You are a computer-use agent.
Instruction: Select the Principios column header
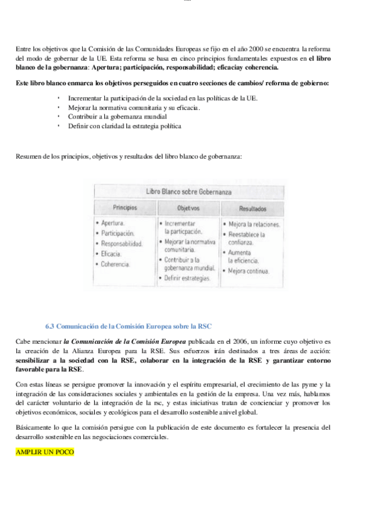[x=125, y=208]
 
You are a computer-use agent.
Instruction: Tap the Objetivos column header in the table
[x=188, y=208]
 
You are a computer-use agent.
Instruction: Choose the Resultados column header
[x=252, y=208]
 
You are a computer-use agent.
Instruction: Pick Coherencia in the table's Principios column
[x=115, y=264]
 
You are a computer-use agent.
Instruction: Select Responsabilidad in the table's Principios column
[x=122, y=243]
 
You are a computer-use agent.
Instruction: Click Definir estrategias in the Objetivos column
[x=186, y=278]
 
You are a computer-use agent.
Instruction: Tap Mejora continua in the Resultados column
[x=249, y=272]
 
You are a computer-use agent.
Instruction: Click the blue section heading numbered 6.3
[x=129, y=327]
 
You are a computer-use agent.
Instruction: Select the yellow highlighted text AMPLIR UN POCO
[x=45, y=452]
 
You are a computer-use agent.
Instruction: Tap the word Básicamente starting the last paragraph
[x=33, y=427]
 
